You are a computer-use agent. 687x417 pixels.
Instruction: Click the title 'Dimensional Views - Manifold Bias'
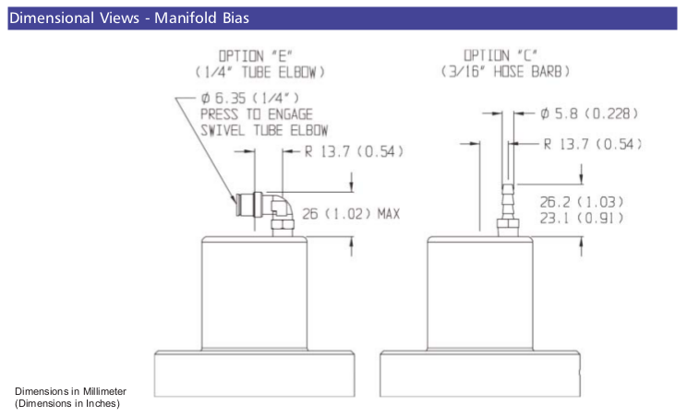pos(129,18)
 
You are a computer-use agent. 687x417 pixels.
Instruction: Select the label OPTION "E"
pos(259,55)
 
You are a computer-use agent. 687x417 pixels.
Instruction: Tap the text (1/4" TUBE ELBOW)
pos(259,71)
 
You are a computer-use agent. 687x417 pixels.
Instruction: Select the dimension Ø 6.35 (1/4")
pos(248,99)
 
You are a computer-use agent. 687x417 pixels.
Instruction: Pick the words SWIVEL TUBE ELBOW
pos(265,130)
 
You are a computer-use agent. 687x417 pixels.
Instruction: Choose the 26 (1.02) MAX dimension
pos(350,213)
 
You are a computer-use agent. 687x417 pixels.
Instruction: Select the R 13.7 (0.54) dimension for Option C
pos(592,144)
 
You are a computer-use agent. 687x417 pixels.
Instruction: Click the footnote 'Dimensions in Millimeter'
pos(70,391)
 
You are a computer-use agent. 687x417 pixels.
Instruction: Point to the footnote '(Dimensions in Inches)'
pos(66,403)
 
